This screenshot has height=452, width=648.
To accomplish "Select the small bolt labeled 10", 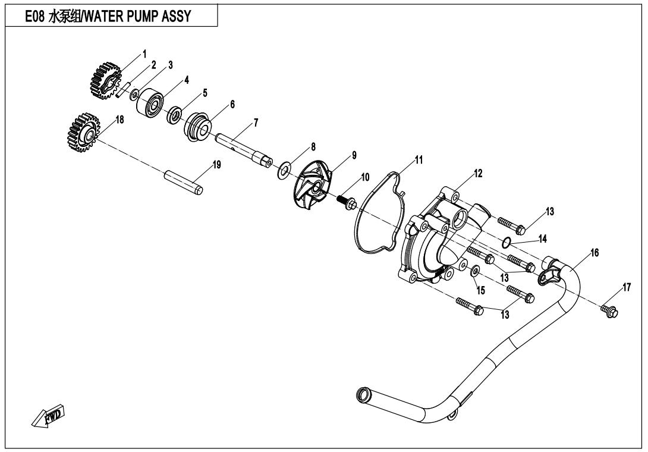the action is [x=348, y=202].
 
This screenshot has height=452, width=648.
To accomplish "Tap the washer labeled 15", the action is [x=475, y=271].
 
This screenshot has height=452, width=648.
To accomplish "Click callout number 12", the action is [x=478, y=173].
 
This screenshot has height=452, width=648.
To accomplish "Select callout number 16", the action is [x=594, y=252].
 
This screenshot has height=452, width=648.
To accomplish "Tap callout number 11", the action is [x=419, y=159].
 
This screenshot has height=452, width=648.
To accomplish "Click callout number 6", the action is [x=232, y=104].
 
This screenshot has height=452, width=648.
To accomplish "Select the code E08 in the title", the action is [x=34, y=16].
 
